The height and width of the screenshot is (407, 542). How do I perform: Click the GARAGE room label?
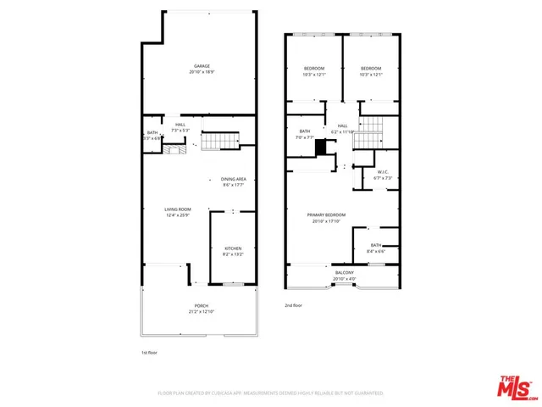pyautogui.click(x=202, y=66)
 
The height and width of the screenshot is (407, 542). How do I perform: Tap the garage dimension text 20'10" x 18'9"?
pyautogui.click(x=202, y=72)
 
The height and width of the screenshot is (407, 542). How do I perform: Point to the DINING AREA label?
pyautogui.click(x=233, y=179)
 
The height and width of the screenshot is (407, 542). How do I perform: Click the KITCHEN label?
pyautogui.click(x=233, y=248)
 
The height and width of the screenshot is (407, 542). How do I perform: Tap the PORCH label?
pyautogui.click(x=202, y=306)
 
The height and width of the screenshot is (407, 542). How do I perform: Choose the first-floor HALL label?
pyautogui.click(x=180, y=125)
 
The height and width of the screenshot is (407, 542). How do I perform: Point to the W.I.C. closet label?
pyautogui.click(x=383, y=172)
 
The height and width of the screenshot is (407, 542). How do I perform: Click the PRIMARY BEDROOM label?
pyautogui.click(x=326, y=215)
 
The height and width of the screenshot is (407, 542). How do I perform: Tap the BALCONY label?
pyautogui.click(x=345, y=274)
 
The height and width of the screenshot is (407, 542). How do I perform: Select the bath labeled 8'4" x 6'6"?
pyautogui.click(x=375, y=248)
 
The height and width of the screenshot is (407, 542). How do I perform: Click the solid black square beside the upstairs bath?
pyautogui.click(x=322, y=148)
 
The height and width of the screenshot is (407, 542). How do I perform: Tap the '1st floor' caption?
pyautogui.click(x=150, y=352)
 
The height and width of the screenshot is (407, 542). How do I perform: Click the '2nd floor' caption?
pyautogui.click(x=293, y=305)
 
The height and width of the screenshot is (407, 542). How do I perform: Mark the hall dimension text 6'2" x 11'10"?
pyautogui.click(x=343, y=131)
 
